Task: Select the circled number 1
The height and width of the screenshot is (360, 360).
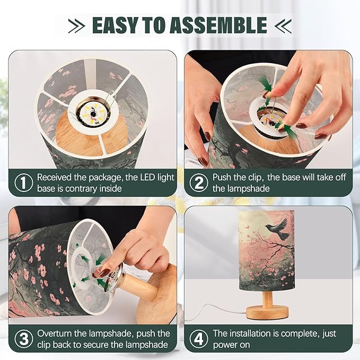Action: click(24, 182)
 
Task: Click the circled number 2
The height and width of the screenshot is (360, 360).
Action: click(199, 183)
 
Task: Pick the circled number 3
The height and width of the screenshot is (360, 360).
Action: click(24, 339)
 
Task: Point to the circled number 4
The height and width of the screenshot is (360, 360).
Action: click(199, 339)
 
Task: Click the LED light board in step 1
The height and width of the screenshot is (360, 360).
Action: click(92, 112)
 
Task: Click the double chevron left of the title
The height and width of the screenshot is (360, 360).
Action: click(76, 25)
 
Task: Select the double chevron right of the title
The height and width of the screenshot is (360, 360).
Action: click(283, 25)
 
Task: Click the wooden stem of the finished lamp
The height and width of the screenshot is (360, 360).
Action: click(267, 298)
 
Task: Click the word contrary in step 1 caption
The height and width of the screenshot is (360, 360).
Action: click(81, 189)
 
